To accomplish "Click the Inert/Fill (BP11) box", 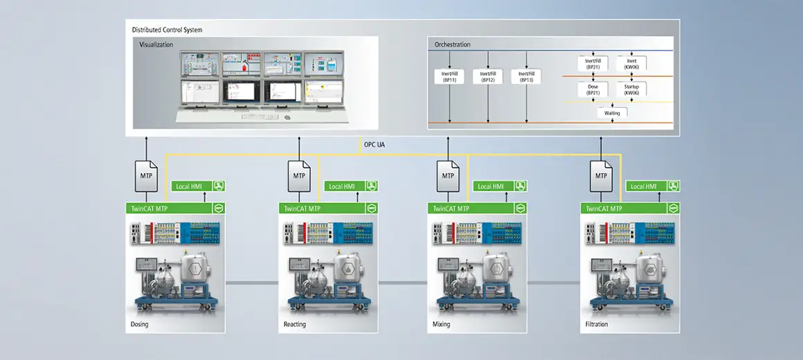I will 449,75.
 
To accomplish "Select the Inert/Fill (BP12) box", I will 488,75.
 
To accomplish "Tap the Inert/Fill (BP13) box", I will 526,75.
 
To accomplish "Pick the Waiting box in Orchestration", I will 612,112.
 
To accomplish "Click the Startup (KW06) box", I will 631,89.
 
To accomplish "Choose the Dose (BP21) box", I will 593,89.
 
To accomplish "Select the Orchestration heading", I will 452,44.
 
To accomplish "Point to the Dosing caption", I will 139,324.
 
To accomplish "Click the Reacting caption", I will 294,324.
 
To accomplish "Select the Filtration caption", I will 596,324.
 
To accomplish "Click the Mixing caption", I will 441,324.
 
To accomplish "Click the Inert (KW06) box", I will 631,64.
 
